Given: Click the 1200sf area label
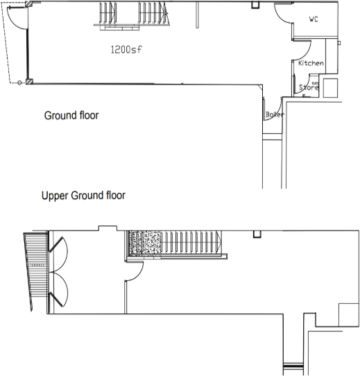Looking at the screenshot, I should (125, 49).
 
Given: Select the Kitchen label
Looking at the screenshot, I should (310, 64).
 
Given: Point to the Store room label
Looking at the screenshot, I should (308, 88).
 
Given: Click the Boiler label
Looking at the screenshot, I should (275, 114).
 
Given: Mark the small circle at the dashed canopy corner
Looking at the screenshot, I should (18, 83).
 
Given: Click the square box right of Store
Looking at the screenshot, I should (330, 87).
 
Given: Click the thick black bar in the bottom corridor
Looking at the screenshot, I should (294, 366).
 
